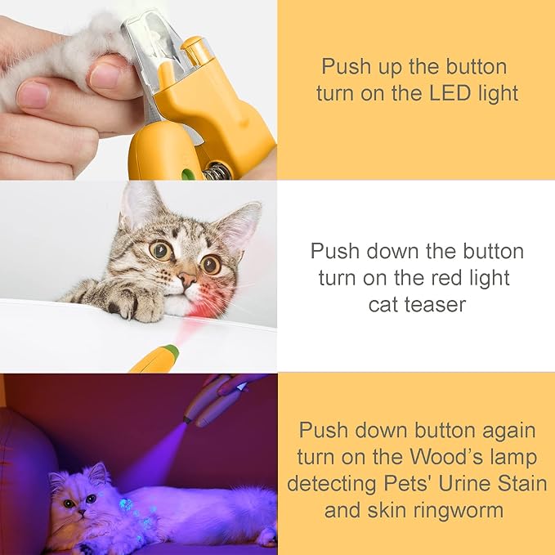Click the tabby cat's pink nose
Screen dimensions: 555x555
click(186, 280)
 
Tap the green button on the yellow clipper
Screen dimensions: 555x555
click(188, 173)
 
